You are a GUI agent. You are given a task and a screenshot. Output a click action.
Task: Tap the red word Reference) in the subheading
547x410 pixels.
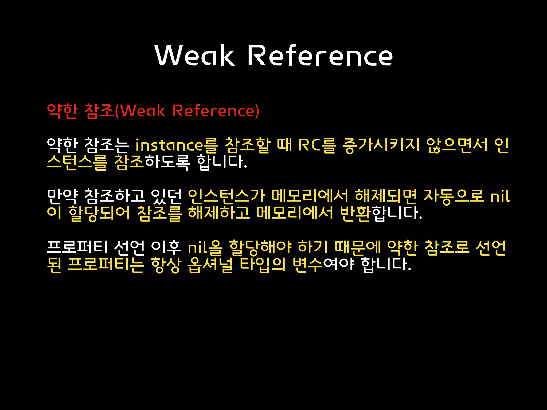[x=216, y=111]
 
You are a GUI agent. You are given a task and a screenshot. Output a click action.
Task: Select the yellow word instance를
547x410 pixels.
[x=177, y=145]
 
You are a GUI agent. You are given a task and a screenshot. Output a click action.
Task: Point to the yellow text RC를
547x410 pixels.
[x=317, y=145]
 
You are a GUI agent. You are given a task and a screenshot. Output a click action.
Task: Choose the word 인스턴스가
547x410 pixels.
[x=226, y=196]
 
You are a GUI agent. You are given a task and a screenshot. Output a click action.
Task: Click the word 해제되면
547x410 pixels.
[x=386, y=196]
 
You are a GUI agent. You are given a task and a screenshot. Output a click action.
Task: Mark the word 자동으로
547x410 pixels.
[x=454, y=196]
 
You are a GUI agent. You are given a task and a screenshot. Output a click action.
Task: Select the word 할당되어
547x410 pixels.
[x=99, y=213]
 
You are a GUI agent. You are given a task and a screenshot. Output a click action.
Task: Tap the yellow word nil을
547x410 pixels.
[x=205, y=247]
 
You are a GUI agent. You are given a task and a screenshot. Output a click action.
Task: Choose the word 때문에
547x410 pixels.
[x=358, y=247]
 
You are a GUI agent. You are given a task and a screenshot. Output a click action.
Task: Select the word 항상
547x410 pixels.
[x=166, y=265]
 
